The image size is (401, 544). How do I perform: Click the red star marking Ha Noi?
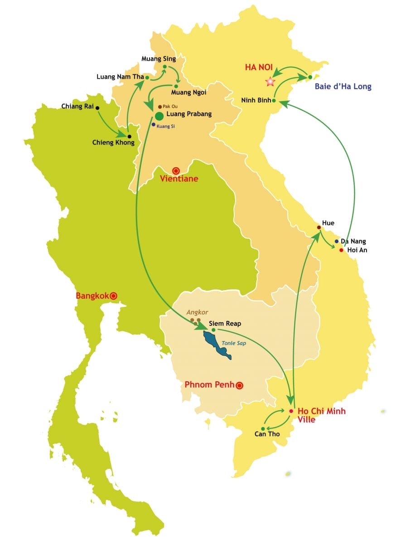[270, 82]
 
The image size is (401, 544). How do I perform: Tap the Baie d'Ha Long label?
[343, 87]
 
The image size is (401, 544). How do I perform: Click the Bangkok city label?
[92, 296]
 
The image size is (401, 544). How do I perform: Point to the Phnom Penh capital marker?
[239, 385]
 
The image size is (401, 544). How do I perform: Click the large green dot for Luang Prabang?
[159, 116]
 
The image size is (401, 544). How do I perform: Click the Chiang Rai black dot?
[97, 108]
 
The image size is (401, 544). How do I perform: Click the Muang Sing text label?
[158, 58]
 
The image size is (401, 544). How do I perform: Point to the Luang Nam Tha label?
[120, 77]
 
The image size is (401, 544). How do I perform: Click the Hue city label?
[328, 223]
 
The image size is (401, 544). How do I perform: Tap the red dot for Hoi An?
[341, 249]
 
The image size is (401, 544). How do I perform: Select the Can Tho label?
[267, 434]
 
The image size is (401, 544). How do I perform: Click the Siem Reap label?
[225, 324]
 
